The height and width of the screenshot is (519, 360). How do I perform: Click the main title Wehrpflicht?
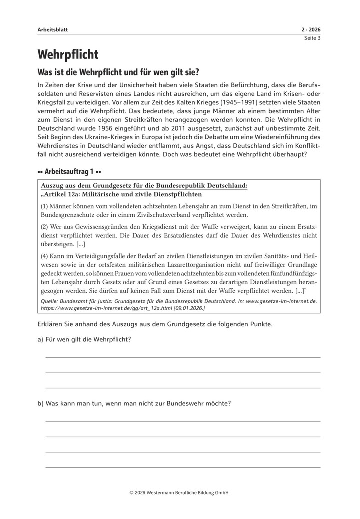click(x=68, y=54)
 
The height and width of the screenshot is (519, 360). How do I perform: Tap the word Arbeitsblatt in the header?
click(x=52, y=30)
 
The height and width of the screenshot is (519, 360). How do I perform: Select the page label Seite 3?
click(x=312, y=38)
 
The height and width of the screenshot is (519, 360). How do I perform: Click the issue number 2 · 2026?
click(x=311, y=30)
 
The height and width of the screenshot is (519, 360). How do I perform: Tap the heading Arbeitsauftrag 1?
click(x=70, y=172)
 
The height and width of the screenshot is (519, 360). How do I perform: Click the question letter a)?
click(x=40, y=340)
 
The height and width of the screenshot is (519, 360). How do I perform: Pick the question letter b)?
click(x=40, y=403)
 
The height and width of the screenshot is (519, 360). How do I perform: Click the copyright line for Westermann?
click(x=179, y=492)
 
